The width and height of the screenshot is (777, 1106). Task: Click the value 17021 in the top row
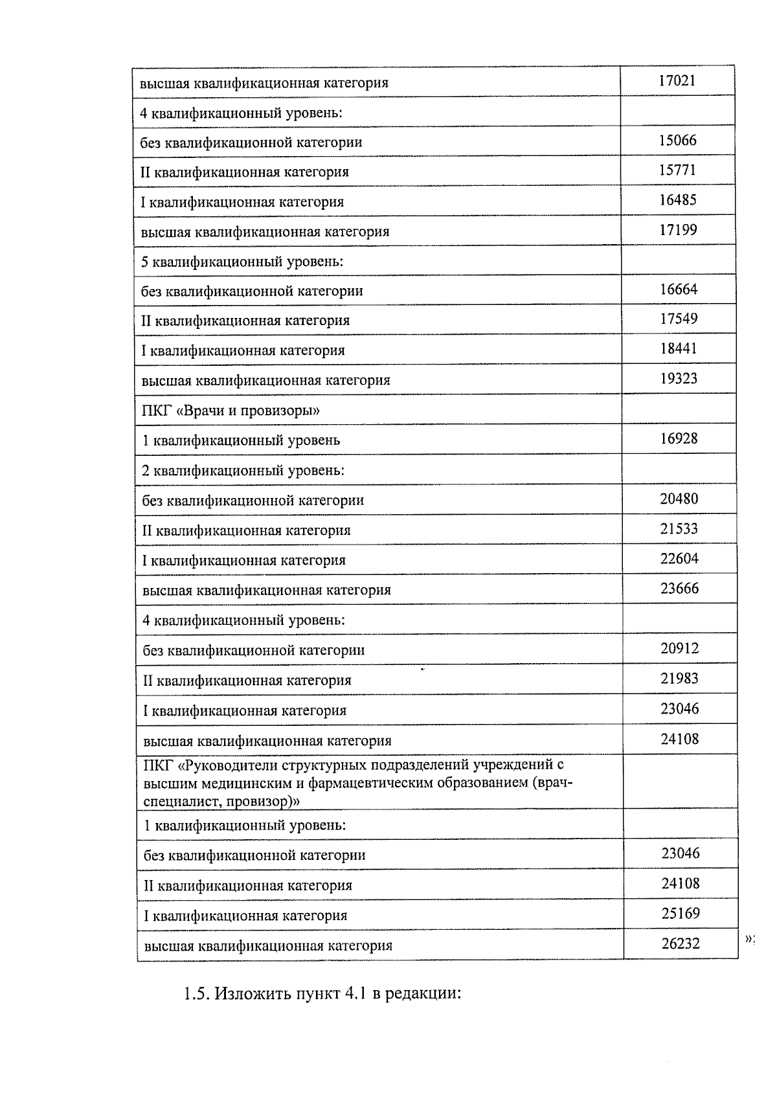pyautogui.click(x=677, y=81)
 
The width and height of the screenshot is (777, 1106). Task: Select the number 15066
pyautogui.click(x=677, y=141)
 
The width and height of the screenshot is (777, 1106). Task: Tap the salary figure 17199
pyautogui.click(x=678, y=230)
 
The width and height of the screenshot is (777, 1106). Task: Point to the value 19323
pyautogui.click(x=679, y=378)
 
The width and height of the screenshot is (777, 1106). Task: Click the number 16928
pyautogui.click(x=679, y=438)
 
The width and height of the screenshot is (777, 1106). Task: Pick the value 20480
pyautogui.click(x=679, y=499)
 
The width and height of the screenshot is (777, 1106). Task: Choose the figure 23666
pyautogui.click(x=679, y=589)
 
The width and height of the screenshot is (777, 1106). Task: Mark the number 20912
pyautogui.click(x=679, y=648)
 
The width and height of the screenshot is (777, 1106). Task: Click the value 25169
pyautogui.click(x=681, y=914)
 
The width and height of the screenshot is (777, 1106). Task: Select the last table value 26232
pyautogui.click(x=681, y=943)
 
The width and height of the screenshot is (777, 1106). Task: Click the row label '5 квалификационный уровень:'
pyautogui.click(x=242, y=262)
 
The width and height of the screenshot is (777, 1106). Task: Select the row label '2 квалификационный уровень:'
pyautogui.click(x=243, y=470)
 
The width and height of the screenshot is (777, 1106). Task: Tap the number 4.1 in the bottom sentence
pyautogui.click(x=355, y=994)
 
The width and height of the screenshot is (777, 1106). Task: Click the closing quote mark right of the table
pyautogui.click(x=749, y=938)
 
